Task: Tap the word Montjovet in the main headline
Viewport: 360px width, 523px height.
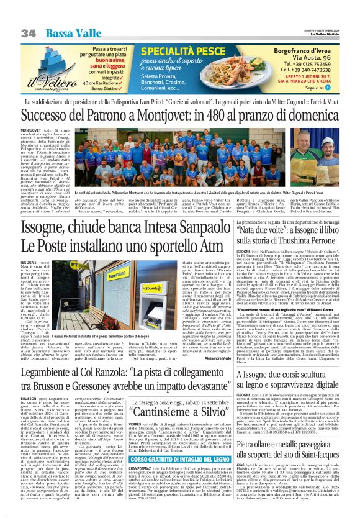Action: (x=164, y=115)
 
